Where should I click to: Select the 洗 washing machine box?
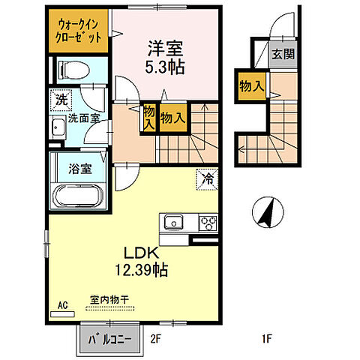tap(59, 99)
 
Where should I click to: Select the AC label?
tap(63, 306)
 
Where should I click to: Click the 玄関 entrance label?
tap(283, 55)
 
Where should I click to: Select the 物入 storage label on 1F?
tap(252, 85)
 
